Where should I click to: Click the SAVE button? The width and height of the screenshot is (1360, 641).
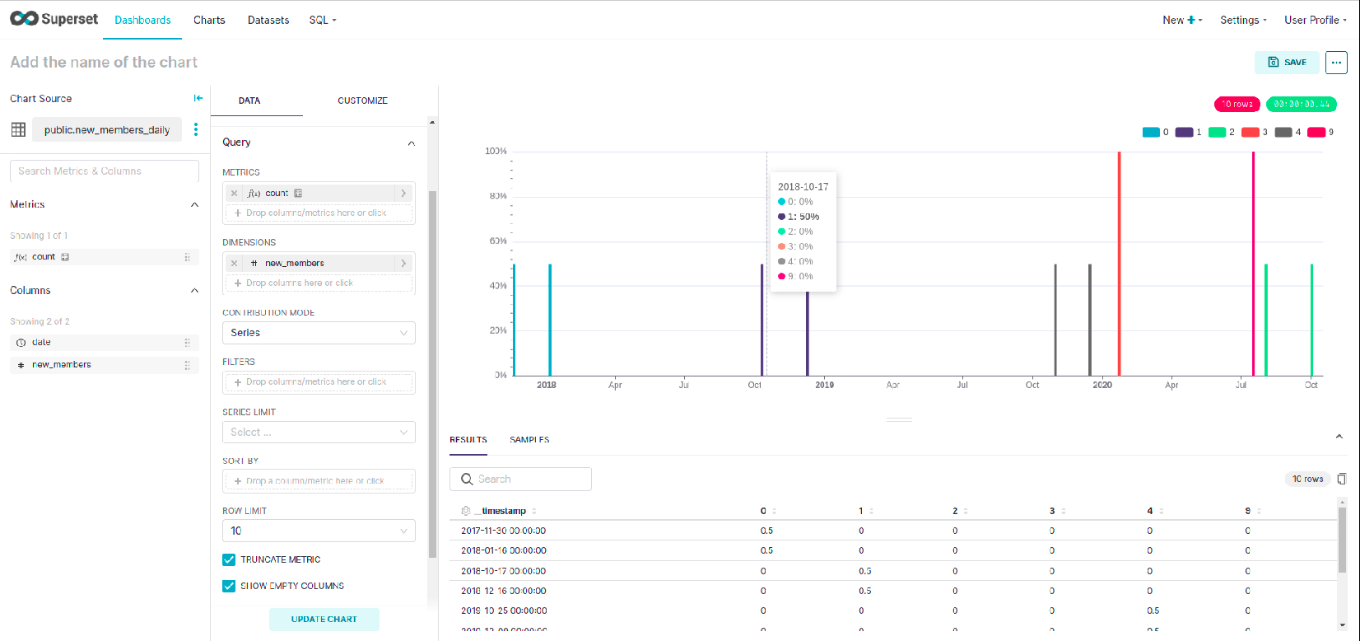(x=1287, y=63)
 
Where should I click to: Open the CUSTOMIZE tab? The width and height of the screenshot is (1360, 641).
(x=362, y=101)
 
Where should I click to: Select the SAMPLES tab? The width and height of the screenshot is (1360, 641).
(x=529, y=440)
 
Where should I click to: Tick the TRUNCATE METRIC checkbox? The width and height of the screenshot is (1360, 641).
(x=229, y=559)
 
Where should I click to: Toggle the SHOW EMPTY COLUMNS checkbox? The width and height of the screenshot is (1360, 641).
(x=229, y=586)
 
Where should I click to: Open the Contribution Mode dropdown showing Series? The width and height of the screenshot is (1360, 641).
(x=319, y=333)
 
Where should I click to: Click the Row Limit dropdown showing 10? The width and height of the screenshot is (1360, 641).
(x=319, y=531)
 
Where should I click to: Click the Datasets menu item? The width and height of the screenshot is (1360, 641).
(x=268, y=20)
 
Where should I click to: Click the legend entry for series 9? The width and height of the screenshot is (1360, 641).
(x=1320, y=132)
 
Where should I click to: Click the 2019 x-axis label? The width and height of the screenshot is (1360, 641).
(x=824, y=385)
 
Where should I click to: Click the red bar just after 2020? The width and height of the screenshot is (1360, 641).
(x=1119, y=264)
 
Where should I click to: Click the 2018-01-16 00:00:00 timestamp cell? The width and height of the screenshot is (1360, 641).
(x=503, y=550)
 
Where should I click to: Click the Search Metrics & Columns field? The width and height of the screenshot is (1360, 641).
(x=105, y=171)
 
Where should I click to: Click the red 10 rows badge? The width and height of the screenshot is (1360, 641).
(x=1237, y=104)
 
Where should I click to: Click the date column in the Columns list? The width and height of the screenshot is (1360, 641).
(x=41, y=342)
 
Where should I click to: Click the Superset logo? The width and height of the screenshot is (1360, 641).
(x=54, y=19)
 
